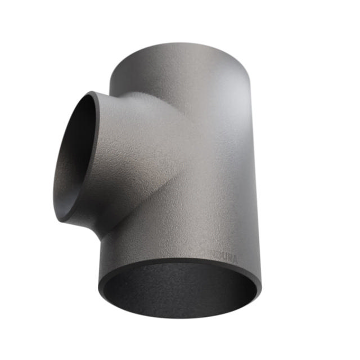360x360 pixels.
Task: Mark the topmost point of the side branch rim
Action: pyautogui.click(x=90, y=92)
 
